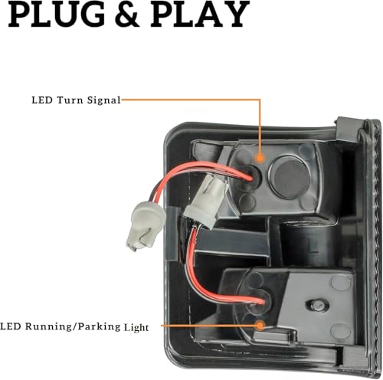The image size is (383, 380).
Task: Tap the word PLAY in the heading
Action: click(x=199, y=14)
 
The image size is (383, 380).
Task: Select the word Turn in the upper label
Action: click(x=70, y=100)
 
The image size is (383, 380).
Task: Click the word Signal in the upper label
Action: click(x=103, y=100)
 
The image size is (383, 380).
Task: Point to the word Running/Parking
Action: click(x=73, y=327)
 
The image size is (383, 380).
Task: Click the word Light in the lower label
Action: click(x=136, y=327)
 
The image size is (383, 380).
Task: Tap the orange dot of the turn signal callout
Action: click(x=260, y=158)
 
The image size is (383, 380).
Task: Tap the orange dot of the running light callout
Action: click(x=260, y=326)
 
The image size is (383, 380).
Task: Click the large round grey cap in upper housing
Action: click(x=290, y=178)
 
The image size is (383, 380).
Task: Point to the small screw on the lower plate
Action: click(x=317, y=305)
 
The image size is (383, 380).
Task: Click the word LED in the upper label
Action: click(x=42, y=100)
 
